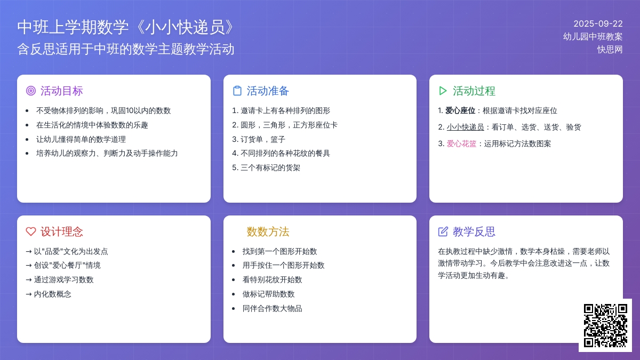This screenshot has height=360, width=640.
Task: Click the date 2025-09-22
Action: tap(598, 23)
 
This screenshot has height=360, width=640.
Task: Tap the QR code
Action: tap(605, 325)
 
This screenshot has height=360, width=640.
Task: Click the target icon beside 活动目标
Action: tap(31, 91)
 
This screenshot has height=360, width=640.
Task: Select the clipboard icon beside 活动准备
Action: tap(237, 91)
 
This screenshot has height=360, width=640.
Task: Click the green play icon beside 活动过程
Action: tap(443, 91)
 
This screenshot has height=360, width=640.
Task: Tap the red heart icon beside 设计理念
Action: tap(31, 231)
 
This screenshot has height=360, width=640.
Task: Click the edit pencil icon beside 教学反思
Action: tap(443, 231)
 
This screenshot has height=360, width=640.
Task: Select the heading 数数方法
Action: tap(268, 231)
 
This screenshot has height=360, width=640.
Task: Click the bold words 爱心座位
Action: tap(460, 110)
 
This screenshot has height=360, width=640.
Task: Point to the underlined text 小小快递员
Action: tap(465, 127)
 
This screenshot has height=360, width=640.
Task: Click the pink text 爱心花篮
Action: tap(461, 143)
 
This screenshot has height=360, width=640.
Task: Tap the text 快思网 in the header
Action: tap(610, 50)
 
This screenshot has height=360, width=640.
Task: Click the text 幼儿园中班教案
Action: tap(593, 37)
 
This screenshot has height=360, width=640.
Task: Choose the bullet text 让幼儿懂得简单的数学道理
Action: tap(81, 139)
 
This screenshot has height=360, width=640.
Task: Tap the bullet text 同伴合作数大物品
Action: tap(272, 309)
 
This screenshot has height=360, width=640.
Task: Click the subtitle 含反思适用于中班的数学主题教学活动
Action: tap(126, 49)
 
